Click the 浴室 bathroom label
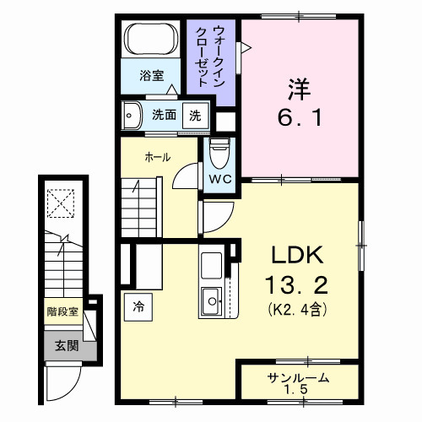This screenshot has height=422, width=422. [x=152, y=76]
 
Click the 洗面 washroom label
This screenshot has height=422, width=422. [x=164, y=116]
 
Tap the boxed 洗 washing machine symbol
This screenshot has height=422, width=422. [x=195, y=116]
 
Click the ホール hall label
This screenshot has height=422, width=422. [x=157, y=157]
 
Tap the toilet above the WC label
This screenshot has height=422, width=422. [x=219, y=151]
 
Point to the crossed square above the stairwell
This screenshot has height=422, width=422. [x=61, y=203]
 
